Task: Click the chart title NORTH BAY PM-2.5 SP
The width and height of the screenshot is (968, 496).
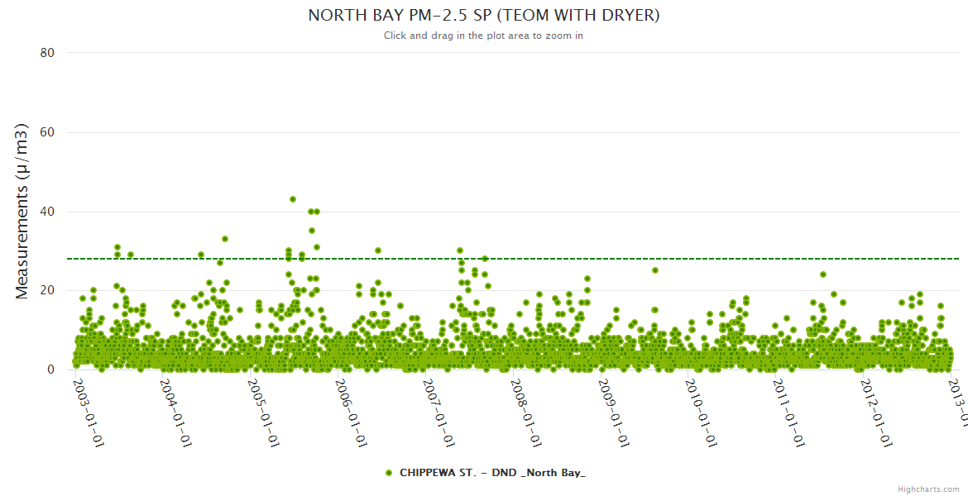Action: pyautogui.click(x=483, y=15)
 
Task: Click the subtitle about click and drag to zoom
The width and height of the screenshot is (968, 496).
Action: pyautogui.click(x=483, y=36)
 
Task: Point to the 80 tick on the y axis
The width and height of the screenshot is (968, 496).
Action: pyautogui.click(x=47, y=53)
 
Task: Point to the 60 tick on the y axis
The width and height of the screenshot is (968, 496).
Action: pyautogui.click(x=47, y=132)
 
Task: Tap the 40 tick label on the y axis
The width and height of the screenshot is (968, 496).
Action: pyautogui.click(x=47, y=212)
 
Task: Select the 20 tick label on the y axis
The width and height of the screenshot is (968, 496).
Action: pyautogui.click(x=47, y=290)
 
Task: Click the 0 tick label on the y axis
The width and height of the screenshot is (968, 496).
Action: pyautogui.click(x=50, y=370)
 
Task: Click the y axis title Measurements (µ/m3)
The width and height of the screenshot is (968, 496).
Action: pyautogui.click(x=22, y=211)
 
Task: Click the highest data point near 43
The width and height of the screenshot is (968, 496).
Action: pyautogui.click(x=293, y=199)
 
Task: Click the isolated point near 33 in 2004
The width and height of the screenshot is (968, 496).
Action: pyautogui.click(x=224, y=239)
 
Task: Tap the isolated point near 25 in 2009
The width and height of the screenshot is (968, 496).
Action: pyautogui.click(x=654, y=270)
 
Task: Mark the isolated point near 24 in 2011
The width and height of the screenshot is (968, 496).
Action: pyautogui.click(x=822, y=274)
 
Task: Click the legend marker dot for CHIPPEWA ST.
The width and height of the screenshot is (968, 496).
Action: pyautogui.click(x=389, y=473)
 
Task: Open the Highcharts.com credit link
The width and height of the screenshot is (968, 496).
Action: pyautogui.click(x=928, y=489)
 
